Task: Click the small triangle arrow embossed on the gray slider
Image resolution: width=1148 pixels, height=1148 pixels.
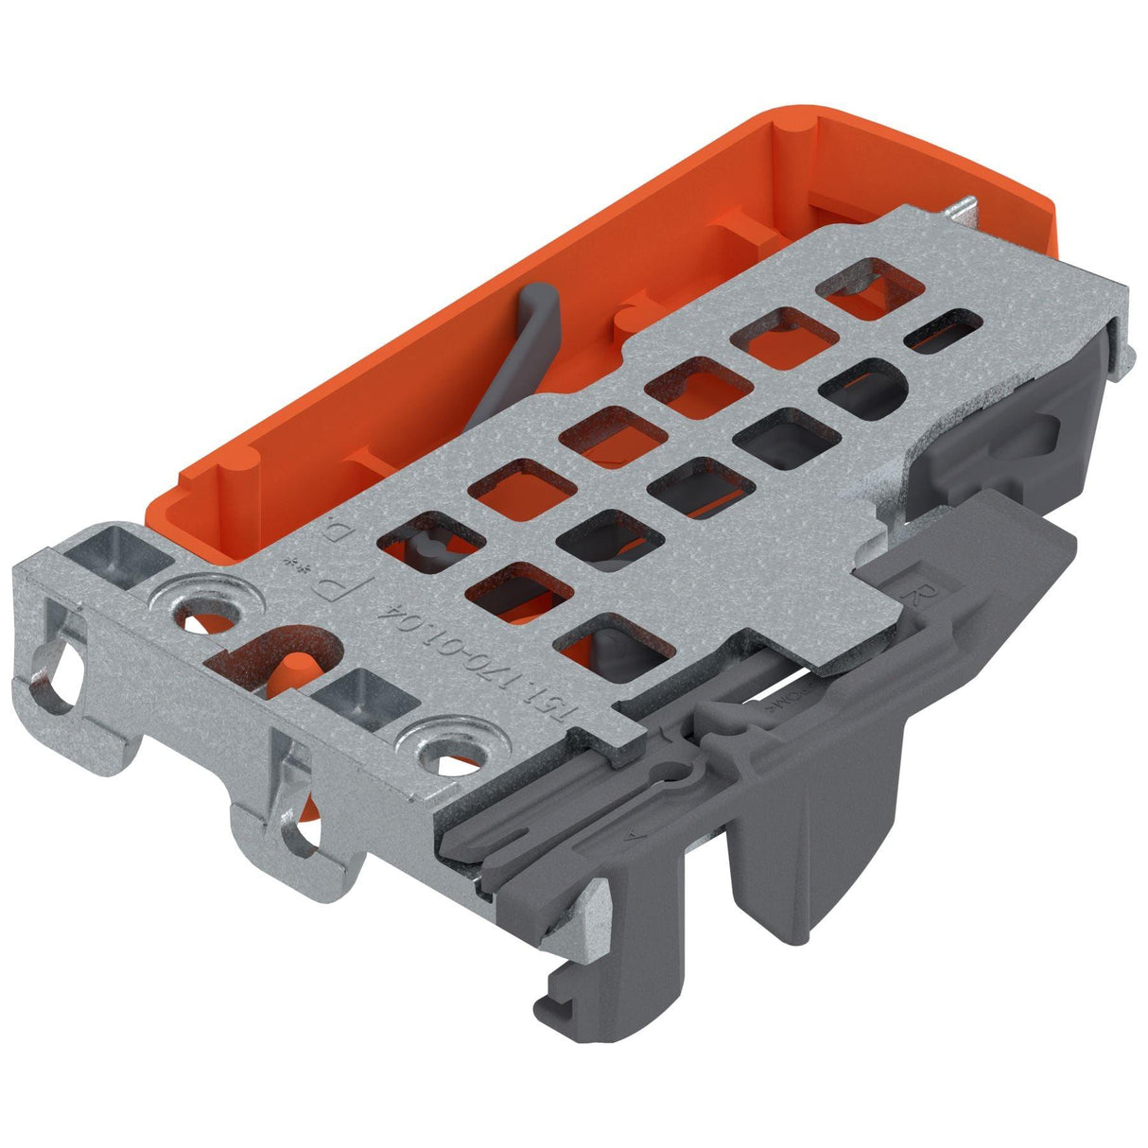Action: [631, 836]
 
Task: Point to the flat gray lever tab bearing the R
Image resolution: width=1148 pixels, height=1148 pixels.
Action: [965, 586]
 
